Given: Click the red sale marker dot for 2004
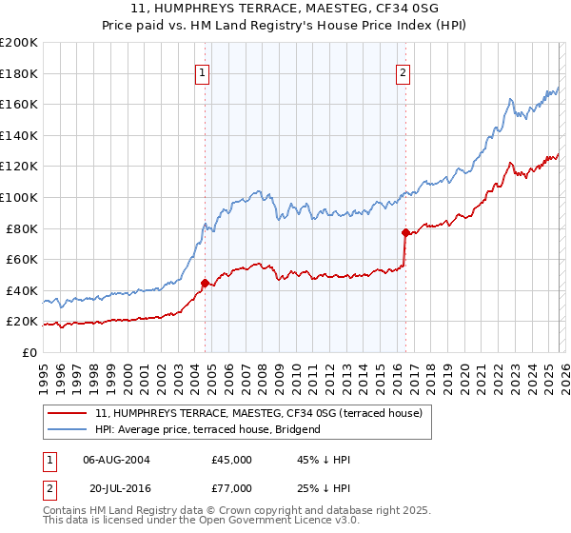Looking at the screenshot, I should tap(205, 283).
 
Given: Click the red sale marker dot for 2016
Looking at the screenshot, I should tap(405, 232).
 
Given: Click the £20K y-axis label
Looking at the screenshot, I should tap(23, 322).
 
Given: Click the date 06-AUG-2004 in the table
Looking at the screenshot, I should tap(116, 460).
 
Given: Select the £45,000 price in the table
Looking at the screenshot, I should tap(231, 460).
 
